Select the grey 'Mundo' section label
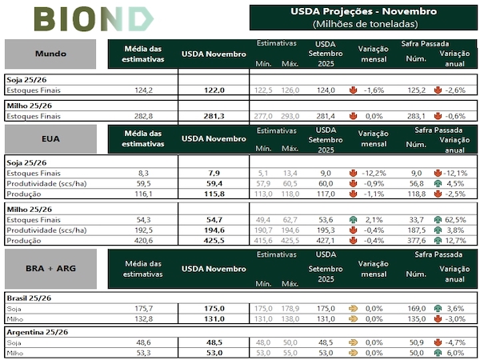pyautogui.click(x=51, y=54)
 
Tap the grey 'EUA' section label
pyautogui.click(x=51, y=138)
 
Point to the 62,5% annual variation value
pyautogui.click(x=454, y=218)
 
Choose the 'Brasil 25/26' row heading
pyautogui.click(x=29, y=296)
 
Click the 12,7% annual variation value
pyautogui.click(x=454, y=239)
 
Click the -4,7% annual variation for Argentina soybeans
pyautogui.click(x=454, y=342)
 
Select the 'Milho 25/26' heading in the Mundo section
pyautogui.click(x=30, y=105)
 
